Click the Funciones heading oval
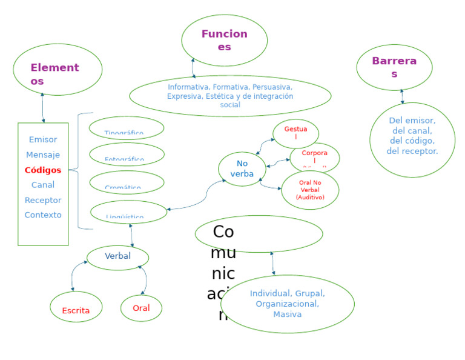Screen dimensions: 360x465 tap(224, 40)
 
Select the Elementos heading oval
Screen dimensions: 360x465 tap(58, 70)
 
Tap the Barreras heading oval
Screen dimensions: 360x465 tap(394, 67)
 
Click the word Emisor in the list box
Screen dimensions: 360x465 tap(43, 139)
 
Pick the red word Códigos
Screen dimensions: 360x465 tap(43, 170)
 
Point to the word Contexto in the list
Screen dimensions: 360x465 tap(43, 215)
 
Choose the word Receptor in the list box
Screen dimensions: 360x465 tap(43, 200)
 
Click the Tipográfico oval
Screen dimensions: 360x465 tap(127, 128)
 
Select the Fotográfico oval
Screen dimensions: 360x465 tap(127, 155)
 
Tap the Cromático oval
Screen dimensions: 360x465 tap(127, 182)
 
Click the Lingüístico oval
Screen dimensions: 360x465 tap(128, 212)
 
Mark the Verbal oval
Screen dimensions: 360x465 tap(117, 257)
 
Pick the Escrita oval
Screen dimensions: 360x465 tap(76, 307)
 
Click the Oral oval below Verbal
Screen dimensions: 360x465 tap(141, 308)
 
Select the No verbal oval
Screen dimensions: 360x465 tap(242, 169)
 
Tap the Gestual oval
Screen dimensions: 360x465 tap(295, 133)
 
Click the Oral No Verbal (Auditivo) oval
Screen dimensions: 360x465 tap(310, 190)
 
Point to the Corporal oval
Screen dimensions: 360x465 tap(314, 158)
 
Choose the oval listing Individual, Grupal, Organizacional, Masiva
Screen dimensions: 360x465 tap(287, 304)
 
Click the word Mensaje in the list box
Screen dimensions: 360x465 tap(43, 155)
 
